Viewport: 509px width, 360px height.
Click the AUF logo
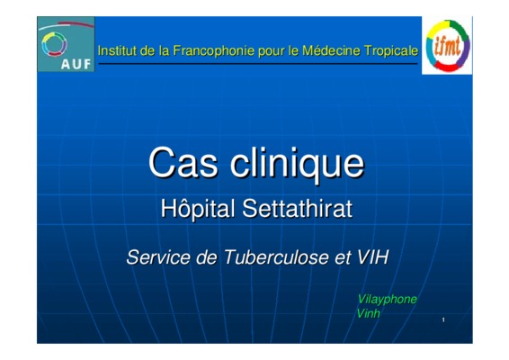(x=66, y=44)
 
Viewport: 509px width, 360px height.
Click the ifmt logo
(x=447, y=46)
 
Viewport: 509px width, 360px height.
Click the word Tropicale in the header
(x=391, y=51)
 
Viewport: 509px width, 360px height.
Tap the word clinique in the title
(x=297, y=164)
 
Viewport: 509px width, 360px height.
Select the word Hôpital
(x=198, y=208)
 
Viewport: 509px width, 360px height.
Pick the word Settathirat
(x=297, y=209)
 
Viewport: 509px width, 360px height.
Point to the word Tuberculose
(x=276, y=257)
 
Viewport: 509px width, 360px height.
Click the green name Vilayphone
(x=387, y=300)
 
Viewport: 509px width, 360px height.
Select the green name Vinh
(x=368, y=313)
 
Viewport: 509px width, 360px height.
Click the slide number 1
(x=443, y=320)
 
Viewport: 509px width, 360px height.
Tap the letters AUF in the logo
(x=76, y=64)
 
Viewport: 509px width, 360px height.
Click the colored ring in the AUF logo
(x=54, y=44)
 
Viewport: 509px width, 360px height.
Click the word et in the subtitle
(x=343, y=258)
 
